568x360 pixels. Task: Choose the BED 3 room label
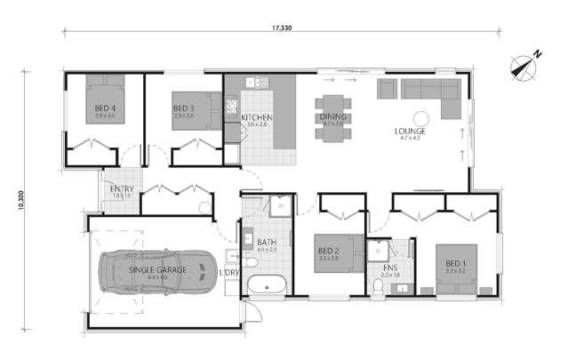(184, 109)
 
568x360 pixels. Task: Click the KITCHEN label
(257, 117)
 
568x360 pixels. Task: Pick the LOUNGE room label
(410, 131)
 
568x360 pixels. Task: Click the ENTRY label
(122, 189)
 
